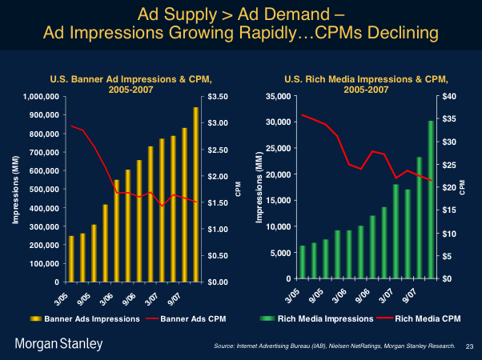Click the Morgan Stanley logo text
pyautogui.click(x=58, y=344)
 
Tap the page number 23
pyautogui.click(x=469, y=346)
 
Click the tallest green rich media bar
pyautogui.click(x=430, y=199)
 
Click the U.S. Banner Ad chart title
pyautogui.click(x=131, y=83)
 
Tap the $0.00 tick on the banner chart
pyautogui.click(x=219, y=282)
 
